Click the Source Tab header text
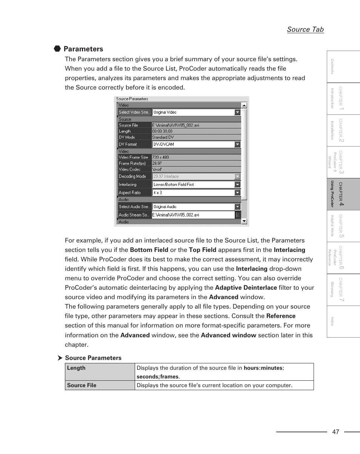coord(305,29)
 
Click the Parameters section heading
coord(83,49)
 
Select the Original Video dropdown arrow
coord(237,112)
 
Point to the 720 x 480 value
coord(161,157)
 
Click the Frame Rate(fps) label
coord(132,163)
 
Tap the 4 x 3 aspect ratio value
coord(158,192)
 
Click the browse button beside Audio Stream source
coord(238,215)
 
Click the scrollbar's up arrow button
coord(244,105)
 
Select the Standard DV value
coord(163,137)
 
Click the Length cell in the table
coord(77,368)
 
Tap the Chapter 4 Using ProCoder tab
coord(343,194)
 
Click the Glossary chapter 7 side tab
coord(343,290)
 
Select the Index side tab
coord(343,321)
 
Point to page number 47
coord(336,432)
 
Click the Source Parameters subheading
coord(93,358)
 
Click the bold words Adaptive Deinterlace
coord(246,288)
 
